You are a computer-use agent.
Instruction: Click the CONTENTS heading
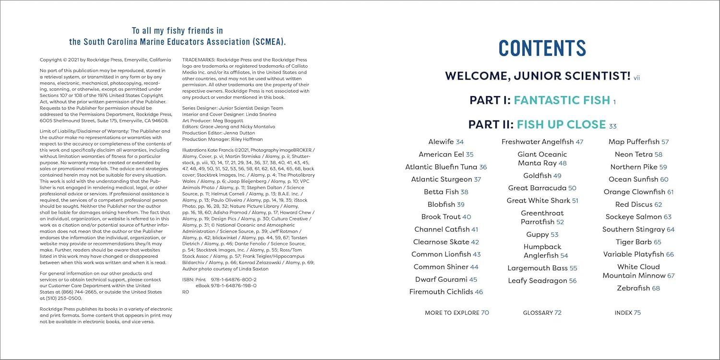tap(542, 48)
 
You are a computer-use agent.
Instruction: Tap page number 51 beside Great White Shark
tap(575, 201)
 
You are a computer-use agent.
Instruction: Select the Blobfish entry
tap(441, 204)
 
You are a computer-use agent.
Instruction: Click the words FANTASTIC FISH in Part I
tap(562, 100)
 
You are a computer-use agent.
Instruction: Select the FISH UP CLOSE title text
tap(561, 125)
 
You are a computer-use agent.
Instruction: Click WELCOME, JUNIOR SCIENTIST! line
tap(538, 76)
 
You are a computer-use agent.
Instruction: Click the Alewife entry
tap(441, 142)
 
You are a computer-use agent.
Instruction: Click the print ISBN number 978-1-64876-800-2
tap(233, 279)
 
